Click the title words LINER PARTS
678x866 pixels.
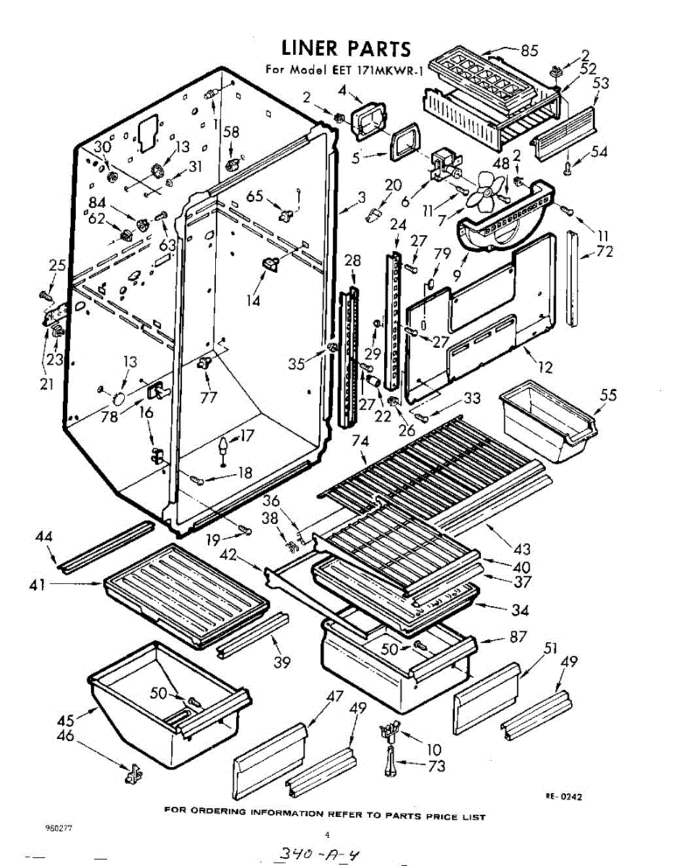click(x=346, y=49)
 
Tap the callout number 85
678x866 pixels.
click(x=530, y=51)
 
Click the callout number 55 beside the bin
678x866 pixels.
click(x=609, y=395)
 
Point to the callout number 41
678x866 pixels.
click(x=38, y=585)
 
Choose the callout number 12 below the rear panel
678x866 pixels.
click(x=545, y=367)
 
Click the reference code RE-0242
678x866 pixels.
click(x=563, y=797)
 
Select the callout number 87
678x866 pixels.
click(x=518, y=637)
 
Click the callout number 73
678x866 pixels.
click(x=436, y=766)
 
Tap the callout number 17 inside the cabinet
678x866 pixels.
click(x=247, y=436)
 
